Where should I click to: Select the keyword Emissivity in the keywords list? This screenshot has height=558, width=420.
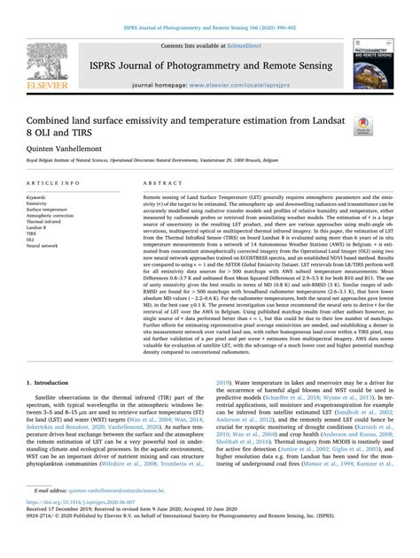(39, 204)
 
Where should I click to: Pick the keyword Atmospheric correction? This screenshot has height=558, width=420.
(52, 218)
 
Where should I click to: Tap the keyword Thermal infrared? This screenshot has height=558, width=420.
(46, 225)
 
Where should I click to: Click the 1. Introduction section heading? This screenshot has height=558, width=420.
(49, 383)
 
